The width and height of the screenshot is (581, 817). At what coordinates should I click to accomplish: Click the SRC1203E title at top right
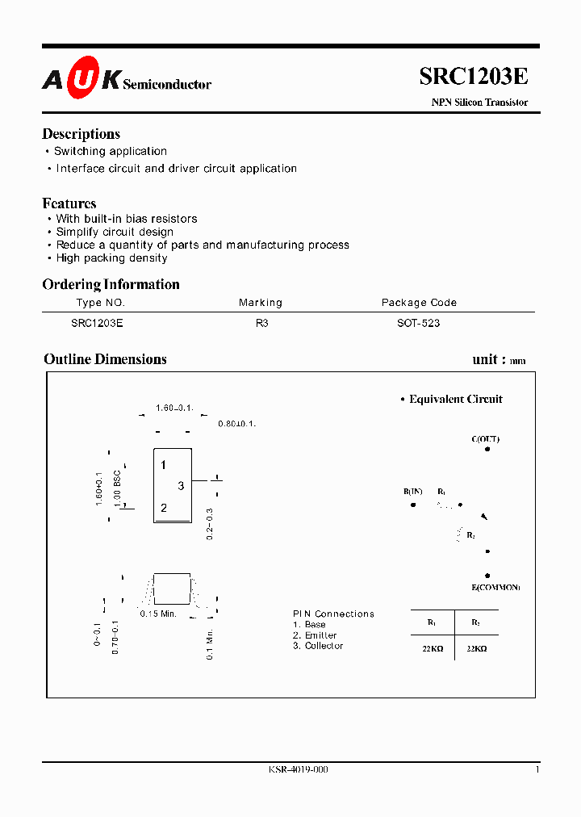click(x=474, y=76)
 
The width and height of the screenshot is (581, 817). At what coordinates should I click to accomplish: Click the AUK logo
click(x=82, y=78)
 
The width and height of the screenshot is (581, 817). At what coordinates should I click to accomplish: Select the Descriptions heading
click(x=81, y=134)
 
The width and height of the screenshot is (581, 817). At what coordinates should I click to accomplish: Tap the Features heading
click(x=69, y=203)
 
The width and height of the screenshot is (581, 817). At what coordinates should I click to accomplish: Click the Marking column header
click(x=261, y=303)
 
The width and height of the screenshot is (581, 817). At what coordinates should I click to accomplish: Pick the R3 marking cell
click(x=261, y=323)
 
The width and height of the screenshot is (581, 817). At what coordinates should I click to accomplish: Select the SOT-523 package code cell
click(x=419, y=323)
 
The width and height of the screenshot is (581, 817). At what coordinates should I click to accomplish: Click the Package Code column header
click(x=419, y=303)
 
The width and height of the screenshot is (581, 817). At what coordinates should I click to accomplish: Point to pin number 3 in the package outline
click(x=181, y=485)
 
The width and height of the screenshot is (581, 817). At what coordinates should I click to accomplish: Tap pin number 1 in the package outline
click(x=163, y=465)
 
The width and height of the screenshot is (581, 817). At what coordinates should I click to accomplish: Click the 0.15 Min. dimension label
click(x=158, y=614)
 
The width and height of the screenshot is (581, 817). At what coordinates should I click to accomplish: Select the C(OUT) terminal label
click(x=486, y=439)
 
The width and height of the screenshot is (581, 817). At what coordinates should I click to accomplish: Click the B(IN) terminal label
click(x=413, y=492)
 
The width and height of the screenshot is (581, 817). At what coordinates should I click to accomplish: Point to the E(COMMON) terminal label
click(x=495, y=587)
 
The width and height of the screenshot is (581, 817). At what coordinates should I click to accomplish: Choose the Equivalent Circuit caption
click(x=455, y=399)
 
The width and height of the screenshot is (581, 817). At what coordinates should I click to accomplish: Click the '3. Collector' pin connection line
click(x=318, y=646)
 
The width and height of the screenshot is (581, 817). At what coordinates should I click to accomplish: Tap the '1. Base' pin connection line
click(x=310, y=625)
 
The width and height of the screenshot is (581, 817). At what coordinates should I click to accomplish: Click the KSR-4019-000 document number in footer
click(x=299, y=769)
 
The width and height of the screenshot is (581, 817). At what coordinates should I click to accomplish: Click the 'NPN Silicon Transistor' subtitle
click(x=479, y=103)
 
